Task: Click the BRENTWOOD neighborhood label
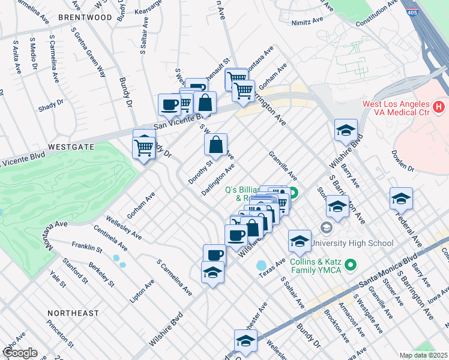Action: (85, 17)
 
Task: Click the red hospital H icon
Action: (439, 107)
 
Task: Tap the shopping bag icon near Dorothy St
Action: (215, 144)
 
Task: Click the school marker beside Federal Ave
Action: (401, 199)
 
